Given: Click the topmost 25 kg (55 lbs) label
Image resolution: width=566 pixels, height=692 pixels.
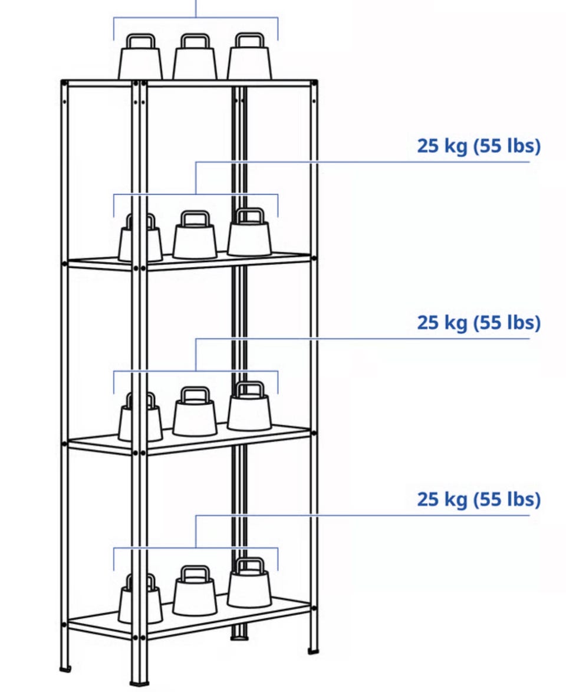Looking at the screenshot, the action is pos(479,146).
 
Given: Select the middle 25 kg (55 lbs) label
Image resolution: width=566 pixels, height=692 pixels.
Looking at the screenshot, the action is pos(479,323).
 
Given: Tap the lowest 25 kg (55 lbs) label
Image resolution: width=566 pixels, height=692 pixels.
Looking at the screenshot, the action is pos(479,499).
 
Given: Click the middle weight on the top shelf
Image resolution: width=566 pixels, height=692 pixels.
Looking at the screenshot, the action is pos(195,57).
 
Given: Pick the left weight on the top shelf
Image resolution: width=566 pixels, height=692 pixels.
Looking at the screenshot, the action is pos(140,57).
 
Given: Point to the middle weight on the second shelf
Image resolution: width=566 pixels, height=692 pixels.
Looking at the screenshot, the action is pos(195,235).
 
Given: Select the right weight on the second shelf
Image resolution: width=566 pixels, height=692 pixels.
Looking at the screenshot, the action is pos(249,232).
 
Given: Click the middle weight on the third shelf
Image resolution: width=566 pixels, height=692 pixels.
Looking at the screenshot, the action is pos(195,411).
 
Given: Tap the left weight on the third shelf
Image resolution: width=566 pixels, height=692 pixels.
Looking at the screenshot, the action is pos(140,416).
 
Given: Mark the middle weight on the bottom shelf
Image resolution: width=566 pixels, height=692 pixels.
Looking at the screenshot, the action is pos(195,591).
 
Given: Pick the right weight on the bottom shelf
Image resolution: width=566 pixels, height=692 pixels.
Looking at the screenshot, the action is pos(249,582).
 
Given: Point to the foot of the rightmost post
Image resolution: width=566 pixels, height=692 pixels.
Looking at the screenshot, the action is pos(313,651).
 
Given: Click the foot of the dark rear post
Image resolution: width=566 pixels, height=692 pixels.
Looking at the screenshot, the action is pos(239,637).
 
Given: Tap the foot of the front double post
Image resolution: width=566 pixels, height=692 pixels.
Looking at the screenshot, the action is pos(139,684).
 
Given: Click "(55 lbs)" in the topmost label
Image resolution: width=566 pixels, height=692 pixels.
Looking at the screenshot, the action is pos(507,146).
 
